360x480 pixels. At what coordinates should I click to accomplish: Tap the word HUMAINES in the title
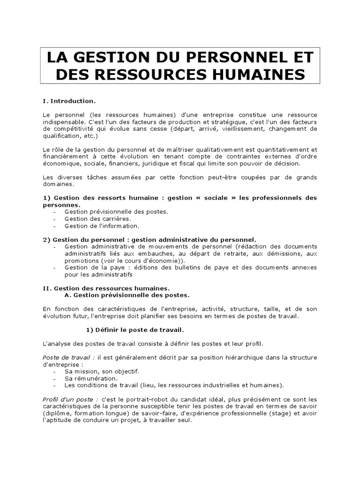pos(262,75)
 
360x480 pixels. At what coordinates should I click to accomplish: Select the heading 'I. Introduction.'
pos(69,101)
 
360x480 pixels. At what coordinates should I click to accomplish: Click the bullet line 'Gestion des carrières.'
pos(97,218)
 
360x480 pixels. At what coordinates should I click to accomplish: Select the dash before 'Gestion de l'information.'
pos(55,225)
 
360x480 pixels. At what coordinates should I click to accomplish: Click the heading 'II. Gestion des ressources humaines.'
pos(106,288)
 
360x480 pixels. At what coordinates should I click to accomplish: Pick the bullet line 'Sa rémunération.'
pos(91,378)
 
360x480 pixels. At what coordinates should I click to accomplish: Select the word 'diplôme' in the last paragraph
pos(58,413)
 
